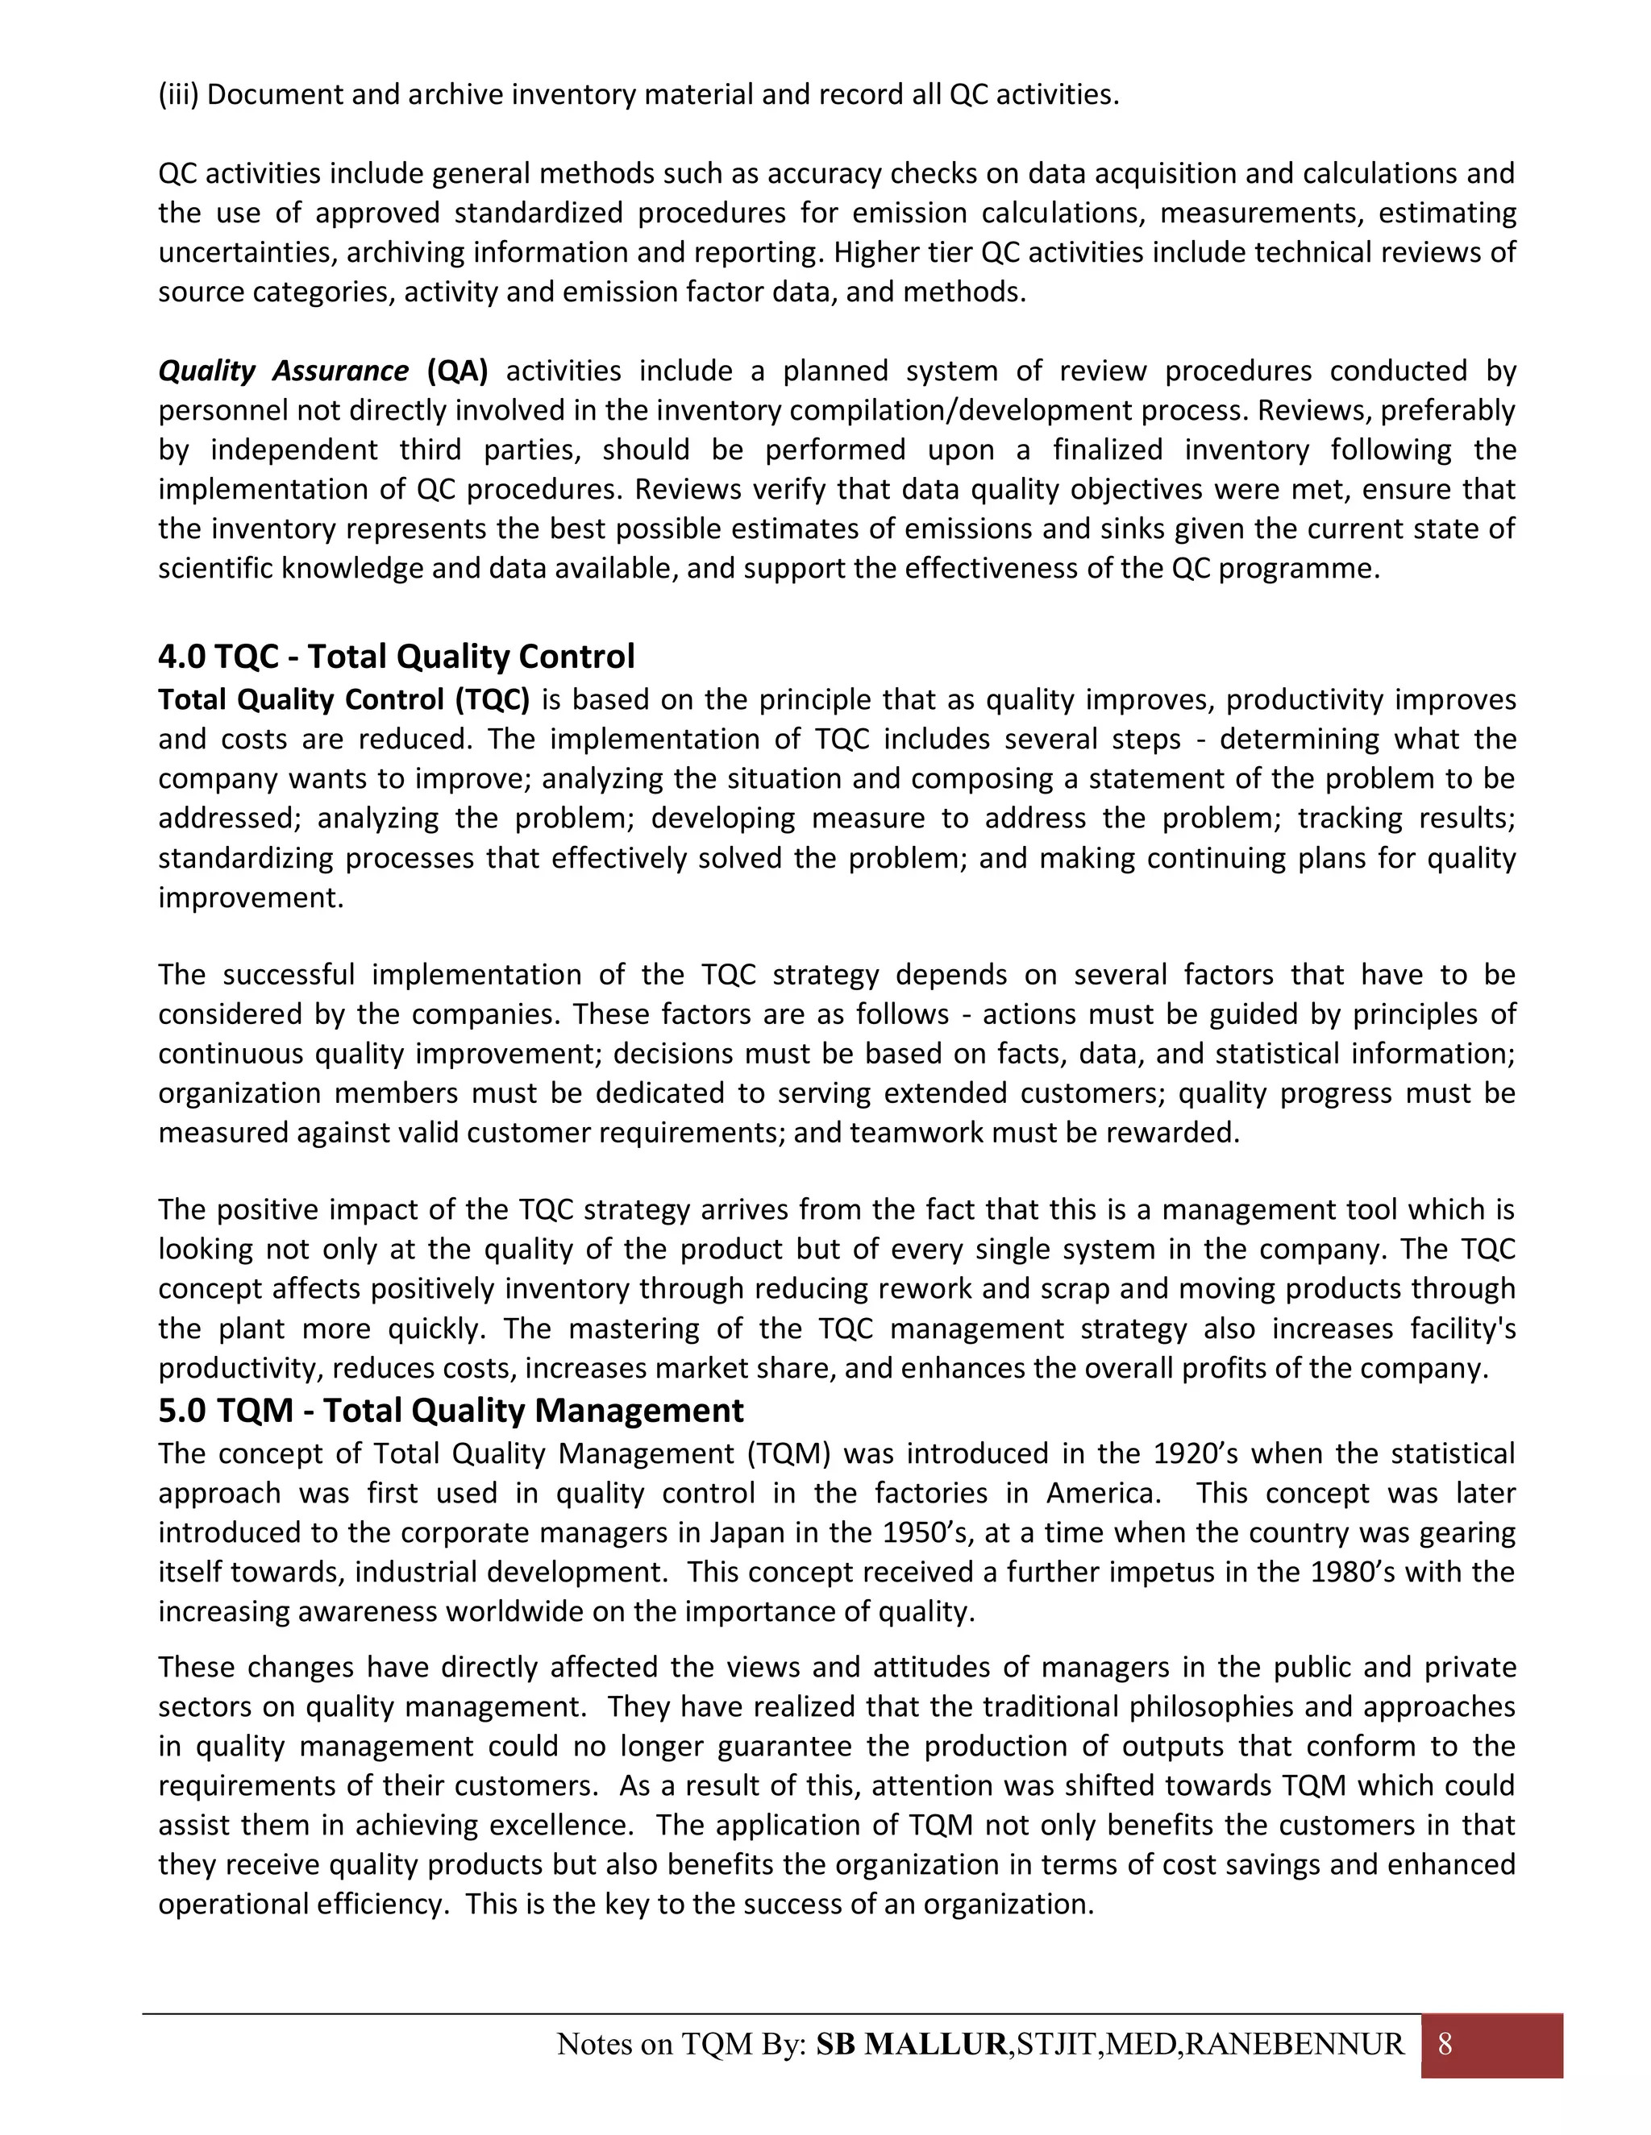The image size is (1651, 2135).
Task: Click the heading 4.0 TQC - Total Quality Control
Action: coord(396,656)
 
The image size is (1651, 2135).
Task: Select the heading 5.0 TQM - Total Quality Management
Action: coord(451,1411)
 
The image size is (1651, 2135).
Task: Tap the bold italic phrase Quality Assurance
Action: coord(284,371)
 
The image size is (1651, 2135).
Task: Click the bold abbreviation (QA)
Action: coord(457,371)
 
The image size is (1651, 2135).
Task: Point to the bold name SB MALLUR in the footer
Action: coord(911,2044)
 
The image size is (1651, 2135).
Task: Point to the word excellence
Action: coord(560,1825)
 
